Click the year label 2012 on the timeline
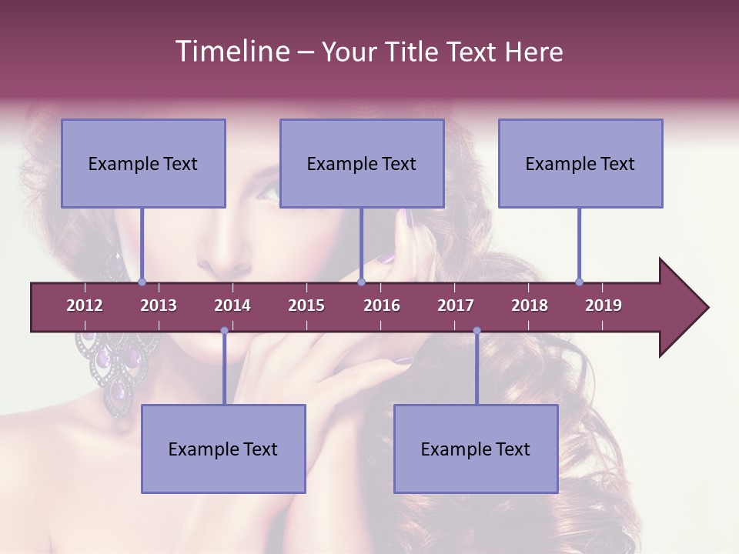point(85,305)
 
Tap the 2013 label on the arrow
point(159,305)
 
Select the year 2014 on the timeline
point(232,305)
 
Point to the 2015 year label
point(306,305)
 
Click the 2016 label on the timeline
point(382,305)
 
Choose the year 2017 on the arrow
point(456,305)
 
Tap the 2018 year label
point(530,305)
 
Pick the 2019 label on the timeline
point(604,305)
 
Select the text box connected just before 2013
point(143,163)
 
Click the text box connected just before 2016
point(362,163)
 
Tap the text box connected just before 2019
point(580,163)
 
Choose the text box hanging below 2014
point(223,449)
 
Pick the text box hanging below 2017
point(476,449)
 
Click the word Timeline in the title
point(230,52)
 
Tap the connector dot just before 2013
point(142,282)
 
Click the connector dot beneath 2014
point(224,330)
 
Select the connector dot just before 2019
point(579,282)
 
